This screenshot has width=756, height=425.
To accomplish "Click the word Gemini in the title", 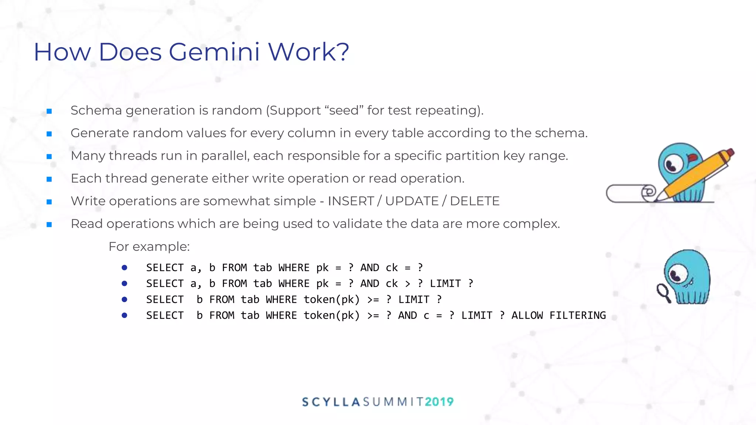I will [x=214, y=52].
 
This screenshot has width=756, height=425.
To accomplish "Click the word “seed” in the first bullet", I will [x=344, y=110].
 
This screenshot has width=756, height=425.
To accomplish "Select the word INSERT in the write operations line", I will [x=351, y=201].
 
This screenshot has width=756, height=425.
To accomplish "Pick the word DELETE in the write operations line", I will [x=475, y=201].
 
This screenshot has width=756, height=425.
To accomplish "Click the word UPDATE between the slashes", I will [x=412, y=201].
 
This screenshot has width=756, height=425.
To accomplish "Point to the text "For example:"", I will [x=149, y=246].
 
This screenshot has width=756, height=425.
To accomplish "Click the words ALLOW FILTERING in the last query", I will [x=559, y=315].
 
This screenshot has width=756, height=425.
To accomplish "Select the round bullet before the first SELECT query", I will [x=124, y=268].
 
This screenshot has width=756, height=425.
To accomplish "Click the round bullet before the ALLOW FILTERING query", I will [x=124, y=315].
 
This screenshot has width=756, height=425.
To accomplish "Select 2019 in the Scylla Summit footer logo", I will [x=439, y=402].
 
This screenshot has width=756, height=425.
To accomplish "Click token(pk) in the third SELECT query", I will [x=331, y=300].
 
